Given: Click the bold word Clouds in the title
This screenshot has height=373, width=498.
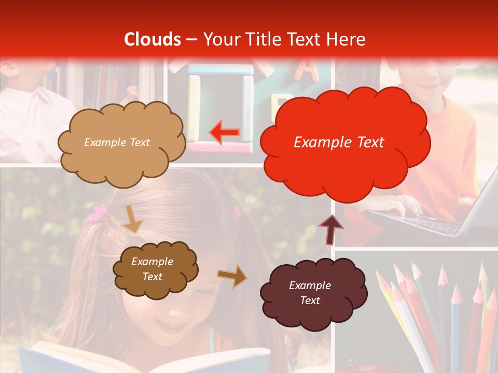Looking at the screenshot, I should [153, 39].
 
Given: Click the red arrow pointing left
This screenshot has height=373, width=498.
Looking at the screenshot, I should [225, 132].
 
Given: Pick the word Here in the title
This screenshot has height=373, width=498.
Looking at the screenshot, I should [348, 39].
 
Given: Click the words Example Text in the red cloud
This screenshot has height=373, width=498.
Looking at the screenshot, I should [339, 142].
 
